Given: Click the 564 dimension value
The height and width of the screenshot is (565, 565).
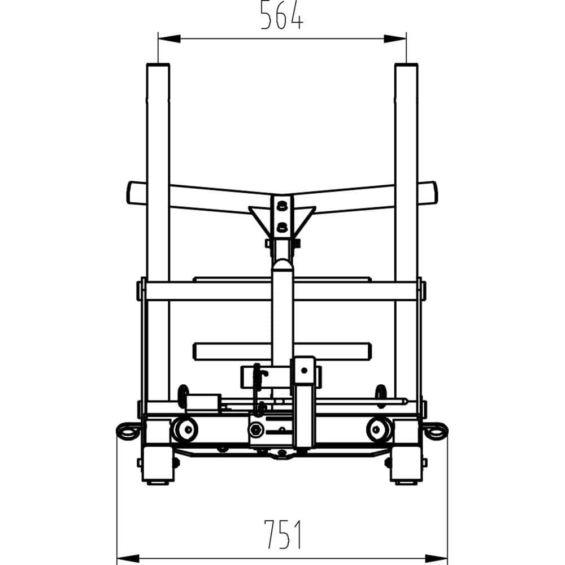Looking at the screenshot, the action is (x=282, y=15).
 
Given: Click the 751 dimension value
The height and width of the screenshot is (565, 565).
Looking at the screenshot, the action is (x=282, y=534).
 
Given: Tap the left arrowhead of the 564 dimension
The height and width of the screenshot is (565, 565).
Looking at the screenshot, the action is (x=169, y=38).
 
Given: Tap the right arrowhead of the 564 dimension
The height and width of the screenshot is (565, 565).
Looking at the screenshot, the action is (x=395, y=38).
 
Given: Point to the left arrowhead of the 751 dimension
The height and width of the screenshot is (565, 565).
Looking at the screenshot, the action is (x=128, y=559).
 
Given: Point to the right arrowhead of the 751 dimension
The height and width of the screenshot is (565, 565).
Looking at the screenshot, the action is (x=436, y=559).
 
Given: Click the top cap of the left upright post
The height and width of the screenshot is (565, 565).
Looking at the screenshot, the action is (x=158, y=65).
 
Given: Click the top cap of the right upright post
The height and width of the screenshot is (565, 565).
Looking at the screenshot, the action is (x=406, y=65).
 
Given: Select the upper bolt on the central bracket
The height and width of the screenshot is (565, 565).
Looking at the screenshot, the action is (x=282, y=206).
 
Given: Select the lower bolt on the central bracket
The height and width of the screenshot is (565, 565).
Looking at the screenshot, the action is (x=282, y=227).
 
